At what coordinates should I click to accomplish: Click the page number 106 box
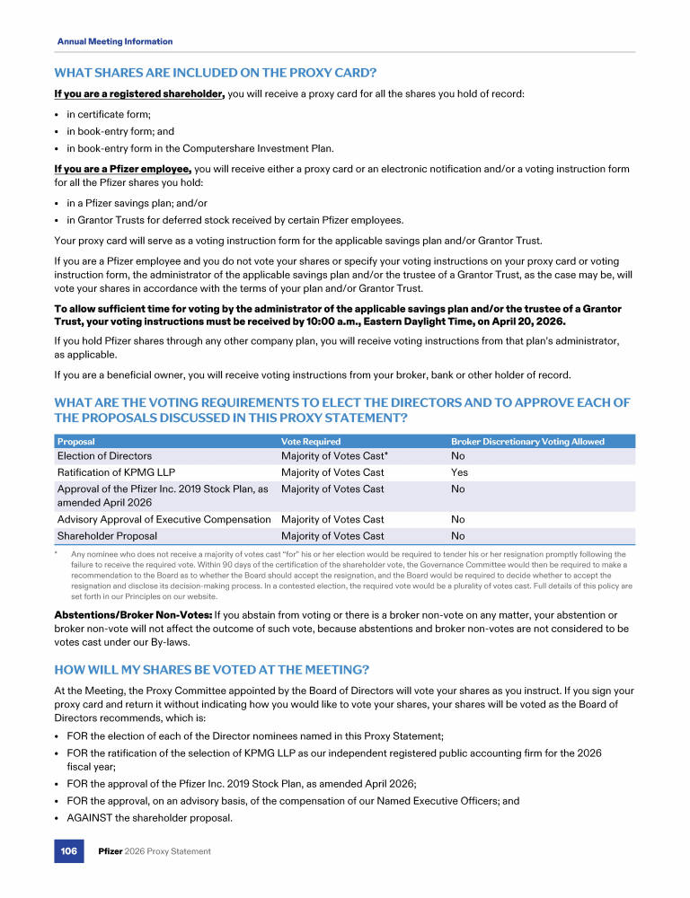pos(68,851)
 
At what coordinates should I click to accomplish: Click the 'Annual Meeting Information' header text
pos(115,41)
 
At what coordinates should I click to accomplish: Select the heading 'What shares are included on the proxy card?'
pos(215,72)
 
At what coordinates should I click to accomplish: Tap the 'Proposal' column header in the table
pos(76,441)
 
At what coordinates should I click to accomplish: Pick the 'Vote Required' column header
pos(311,441)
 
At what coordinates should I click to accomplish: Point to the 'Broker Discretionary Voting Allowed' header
pos(527,441)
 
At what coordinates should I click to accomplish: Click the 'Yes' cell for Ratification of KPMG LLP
pos(459,472)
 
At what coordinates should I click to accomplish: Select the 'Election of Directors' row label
pos(104,456)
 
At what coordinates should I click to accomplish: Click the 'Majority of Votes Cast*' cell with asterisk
pos(334,456)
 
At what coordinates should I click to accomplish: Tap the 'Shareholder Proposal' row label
pos(107,536)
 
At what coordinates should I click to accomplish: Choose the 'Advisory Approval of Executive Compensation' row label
pos(164,519)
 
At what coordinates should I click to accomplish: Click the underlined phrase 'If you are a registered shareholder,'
pos(139,93)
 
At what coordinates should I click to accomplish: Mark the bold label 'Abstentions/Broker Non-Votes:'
pos(133,615)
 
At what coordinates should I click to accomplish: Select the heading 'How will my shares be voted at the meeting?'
pos(211,669)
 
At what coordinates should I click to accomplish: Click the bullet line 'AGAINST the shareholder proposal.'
pos(149,817)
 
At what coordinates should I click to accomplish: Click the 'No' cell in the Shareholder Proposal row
pos(457,536)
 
